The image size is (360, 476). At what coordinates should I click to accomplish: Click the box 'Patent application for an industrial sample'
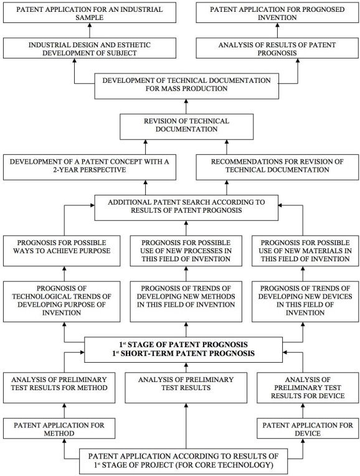click(90, 12)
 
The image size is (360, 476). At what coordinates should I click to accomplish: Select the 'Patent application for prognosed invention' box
click(277, 12)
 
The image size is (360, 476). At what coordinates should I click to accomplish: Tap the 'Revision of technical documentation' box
click(186, 126)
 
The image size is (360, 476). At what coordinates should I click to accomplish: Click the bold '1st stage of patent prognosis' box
click(184, 350)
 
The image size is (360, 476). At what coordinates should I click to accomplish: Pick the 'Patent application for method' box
click(59, 428)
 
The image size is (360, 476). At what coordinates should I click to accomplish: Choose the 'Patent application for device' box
click(308, 428)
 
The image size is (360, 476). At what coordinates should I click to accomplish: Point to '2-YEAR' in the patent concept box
click(65, 170)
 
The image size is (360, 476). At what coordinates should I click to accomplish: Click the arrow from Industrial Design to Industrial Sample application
click(90, 30)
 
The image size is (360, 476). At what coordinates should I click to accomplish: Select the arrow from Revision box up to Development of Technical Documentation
click(186, 106)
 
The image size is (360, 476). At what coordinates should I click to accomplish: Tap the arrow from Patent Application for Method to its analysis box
click(64, 411)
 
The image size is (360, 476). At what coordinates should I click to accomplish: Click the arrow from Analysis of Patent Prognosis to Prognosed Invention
click(277, 30)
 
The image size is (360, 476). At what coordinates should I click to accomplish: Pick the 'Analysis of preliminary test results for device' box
click(308, 388)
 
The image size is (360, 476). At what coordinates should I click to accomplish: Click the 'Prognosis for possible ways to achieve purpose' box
click(62, 251)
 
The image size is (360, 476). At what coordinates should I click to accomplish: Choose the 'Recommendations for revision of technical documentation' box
click(277, 167)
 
